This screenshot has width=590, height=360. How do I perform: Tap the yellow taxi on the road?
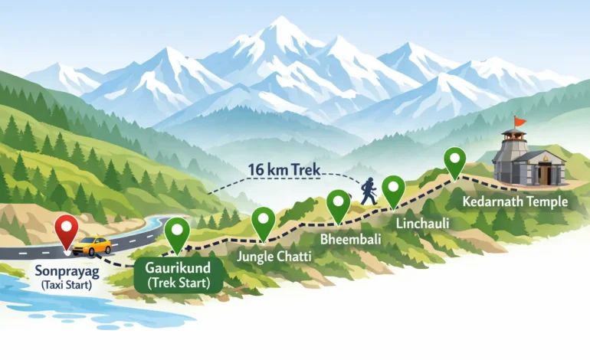point(93,246)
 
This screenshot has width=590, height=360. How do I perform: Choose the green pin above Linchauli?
point(393,189)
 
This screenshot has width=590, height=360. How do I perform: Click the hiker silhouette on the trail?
point(369,191)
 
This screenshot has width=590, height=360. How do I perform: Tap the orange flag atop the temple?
point(520,121)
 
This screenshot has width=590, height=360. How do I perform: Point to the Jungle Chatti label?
point(274,257)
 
